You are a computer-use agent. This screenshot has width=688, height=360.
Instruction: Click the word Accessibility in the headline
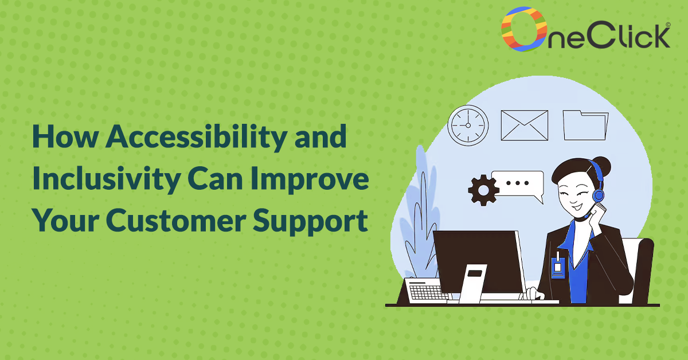(197, 138)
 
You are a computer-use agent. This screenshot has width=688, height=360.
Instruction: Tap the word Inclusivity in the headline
(107, 179)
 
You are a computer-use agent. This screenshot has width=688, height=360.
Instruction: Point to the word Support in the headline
(310, 222)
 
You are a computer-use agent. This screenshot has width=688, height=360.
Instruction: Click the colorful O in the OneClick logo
(523, 29)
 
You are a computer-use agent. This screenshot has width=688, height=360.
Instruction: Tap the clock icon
(468, 126)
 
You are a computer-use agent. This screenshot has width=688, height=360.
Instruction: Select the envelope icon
(524, 126)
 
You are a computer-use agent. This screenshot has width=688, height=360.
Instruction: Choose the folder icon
(585, 126)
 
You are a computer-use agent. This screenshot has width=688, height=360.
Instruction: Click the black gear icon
(483, 190)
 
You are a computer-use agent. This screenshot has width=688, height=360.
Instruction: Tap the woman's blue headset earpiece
(598, 195)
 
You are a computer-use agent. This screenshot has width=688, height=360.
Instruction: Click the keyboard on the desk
(428, 289)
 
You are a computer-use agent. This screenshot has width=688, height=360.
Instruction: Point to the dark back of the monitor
(479, 261)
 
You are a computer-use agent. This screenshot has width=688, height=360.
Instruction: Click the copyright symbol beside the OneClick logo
(668, 25)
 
